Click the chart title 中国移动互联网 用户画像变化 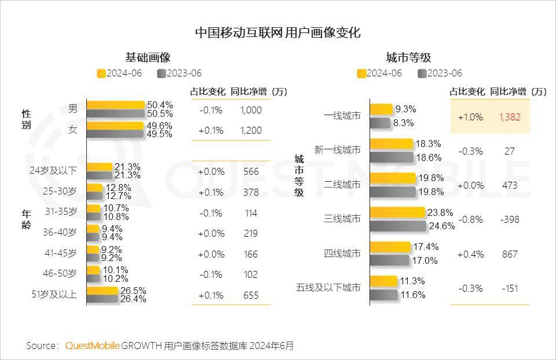(277, 32)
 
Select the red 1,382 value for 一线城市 (510, 117)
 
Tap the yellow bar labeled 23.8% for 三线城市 (397, 212)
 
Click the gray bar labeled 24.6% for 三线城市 (398, 226)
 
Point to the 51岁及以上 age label (54, 295)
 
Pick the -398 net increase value (510, 219)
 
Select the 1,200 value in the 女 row (251, 130)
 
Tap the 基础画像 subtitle (148, 58)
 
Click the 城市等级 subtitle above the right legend (408, 58)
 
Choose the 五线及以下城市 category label (328, 288)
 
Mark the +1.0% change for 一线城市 (470, 117)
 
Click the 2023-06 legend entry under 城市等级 (440, 73)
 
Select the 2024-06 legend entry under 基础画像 (120, 73)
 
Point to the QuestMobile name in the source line (93, 346)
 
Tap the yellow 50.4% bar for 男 (115, 105)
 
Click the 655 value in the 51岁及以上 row (251, 295)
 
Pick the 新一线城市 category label (337, 150)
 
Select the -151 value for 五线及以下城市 (510, 288)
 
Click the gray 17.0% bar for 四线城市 (389, 260)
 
